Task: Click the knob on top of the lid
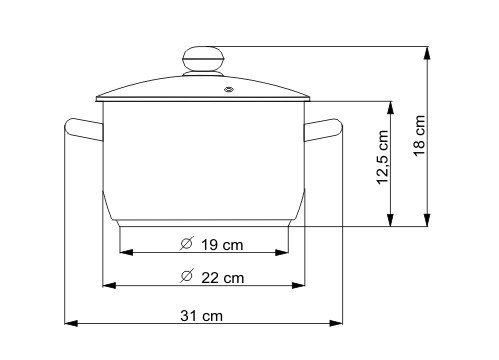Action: click(x=203, y=61)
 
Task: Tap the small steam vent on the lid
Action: click(x=229, y=89)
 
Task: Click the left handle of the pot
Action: click(x=83, y=129)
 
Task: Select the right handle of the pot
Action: click(x=323, y=130)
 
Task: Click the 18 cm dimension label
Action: click(x=419, y=135)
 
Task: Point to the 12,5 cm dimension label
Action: click(x=382, y=157)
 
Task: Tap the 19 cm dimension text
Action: click(x=222, y=245)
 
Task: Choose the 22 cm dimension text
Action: click(x=222, y=278)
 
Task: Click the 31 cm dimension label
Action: click(x=201, y=315)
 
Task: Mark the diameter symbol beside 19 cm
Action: click(x=186, y=243)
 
